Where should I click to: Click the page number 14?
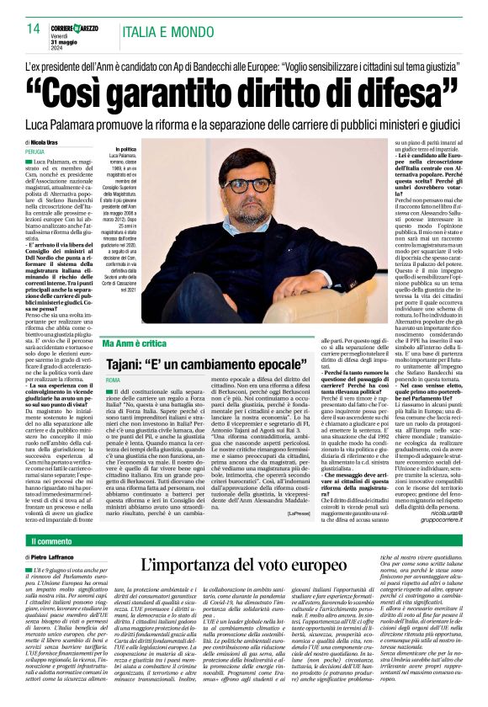(34, 29)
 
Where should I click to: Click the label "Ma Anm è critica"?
(136, 346)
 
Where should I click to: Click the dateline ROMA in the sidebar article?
(114, 381)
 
